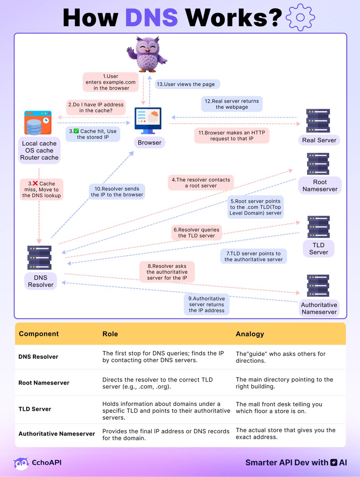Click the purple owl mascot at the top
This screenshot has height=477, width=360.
[x=147, y=53]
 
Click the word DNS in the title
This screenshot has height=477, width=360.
[x=151, y=17]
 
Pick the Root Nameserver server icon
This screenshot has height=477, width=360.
[x=318, y=164]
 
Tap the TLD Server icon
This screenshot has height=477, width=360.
[x=318, y=227]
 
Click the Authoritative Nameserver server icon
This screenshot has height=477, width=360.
[x=318, y=285]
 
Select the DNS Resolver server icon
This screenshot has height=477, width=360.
[x=39, y=258]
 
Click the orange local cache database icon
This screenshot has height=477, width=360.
[x=37, y=123]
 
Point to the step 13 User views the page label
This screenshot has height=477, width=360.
[x=187, y=84]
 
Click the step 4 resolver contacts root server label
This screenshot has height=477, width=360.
[x=200, y=183]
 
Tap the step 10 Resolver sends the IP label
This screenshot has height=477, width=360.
[x=117, y=192]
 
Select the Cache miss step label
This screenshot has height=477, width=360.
[x=41, y=190]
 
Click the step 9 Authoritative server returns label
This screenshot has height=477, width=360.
[x=206, y=304]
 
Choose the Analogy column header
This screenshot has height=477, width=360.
[x=250, y=334]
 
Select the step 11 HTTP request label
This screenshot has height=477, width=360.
[x=232, y=136]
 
